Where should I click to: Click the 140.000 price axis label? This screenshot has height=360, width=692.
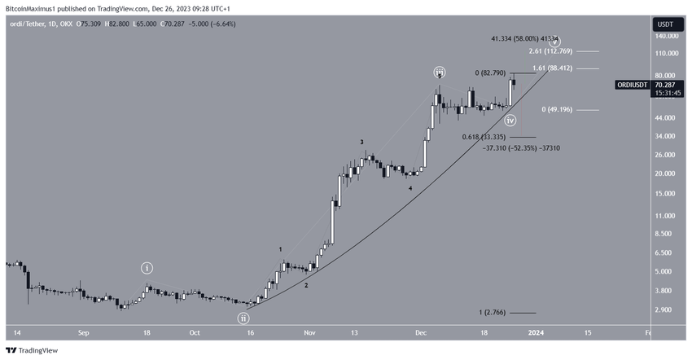tap(667, 37)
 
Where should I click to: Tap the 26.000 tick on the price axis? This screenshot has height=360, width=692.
tap(665, 154)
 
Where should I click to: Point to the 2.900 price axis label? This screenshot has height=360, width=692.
tap(664, 310)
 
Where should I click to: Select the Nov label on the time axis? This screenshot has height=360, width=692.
tap(309, 332)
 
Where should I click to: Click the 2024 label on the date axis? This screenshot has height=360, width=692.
tap(537, 332)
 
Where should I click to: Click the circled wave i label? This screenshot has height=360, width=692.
tap(147, 268)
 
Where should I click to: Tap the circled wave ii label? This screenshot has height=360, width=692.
tap(243, 318)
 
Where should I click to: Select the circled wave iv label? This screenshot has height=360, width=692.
tap(510, 121)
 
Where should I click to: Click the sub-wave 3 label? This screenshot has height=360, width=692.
tap(362, 142)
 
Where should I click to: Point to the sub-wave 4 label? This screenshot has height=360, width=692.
tap(410, 188)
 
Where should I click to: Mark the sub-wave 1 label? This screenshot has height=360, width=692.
tap(280, 249)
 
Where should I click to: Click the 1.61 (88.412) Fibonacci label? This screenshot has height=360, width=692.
tap(555, 68)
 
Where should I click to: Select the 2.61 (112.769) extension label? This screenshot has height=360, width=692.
tap(555, 52)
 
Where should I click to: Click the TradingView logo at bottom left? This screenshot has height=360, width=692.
tap(32, 350)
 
